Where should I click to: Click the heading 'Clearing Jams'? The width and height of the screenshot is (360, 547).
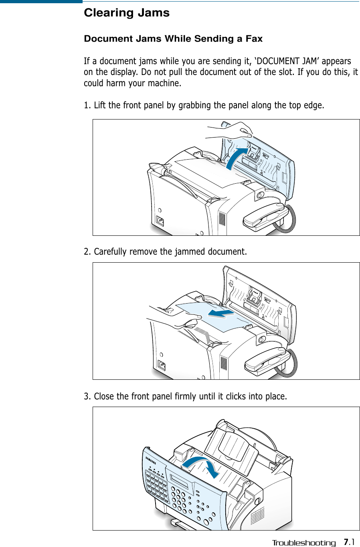coord(127,13)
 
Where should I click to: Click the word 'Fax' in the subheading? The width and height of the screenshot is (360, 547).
coord(254,39)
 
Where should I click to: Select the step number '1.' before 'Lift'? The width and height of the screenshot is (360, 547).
coord(87,105)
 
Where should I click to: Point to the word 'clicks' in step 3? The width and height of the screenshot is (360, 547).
coord(236,397)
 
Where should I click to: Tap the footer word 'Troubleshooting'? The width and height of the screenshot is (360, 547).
coord(303,543)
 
